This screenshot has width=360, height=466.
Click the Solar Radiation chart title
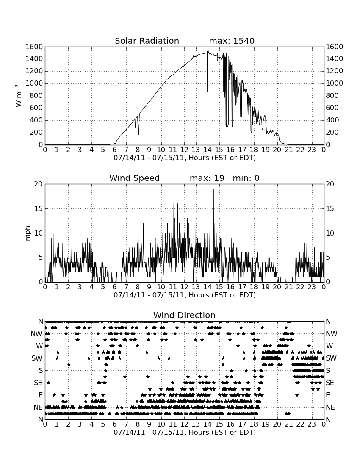tap(147, 41)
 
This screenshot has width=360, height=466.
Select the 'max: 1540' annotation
tap(232, 41)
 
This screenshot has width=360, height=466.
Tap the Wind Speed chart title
tap(135, 178)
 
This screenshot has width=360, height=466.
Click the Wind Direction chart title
tap(184, 315)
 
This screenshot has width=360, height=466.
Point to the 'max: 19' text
tap(207, 178)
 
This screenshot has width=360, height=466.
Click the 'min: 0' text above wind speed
tap(246, 178)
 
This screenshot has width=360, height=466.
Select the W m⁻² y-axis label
tap(18, 96)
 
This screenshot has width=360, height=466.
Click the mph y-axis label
tap(28, 233)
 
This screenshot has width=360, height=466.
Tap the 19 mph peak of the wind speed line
tap(213, 189)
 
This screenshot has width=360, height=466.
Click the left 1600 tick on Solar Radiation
tap(34, 47)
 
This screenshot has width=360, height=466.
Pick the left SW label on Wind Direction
tap(37, 358)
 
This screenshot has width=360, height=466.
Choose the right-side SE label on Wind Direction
tap(330, 383)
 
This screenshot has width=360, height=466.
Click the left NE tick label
tap(38, 407)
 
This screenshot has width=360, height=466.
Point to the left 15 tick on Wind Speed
tap(39, 208)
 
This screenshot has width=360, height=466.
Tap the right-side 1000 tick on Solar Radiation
tap(335, 83)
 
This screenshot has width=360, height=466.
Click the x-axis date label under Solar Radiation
tap(185, 158)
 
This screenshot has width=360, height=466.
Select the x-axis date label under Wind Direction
tap(185, 433)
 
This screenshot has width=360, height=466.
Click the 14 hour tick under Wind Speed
tap(208, 287)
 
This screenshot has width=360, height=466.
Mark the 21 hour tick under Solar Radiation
tap(289, 150)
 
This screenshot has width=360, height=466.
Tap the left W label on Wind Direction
tap(39, 346)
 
